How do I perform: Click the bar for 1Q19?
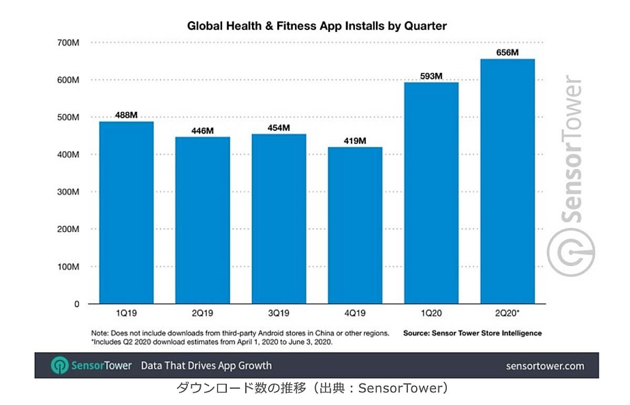pos(127,213)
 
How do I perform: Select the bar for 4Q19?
pos(355,225)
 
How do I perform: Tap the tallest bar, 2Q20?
pos(508,181)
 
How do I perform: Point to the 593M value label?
pos(431,76)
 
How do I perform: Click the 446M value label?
pos(203,131)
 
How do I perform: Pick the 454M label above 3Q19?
pos(279,128)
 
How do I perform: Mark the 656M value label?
pos(507,53)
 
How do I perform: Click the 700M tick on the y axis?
pos(68,43)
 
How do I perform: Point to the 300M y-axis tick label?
pos(68,192)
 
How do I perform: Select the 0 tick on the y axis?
pos(77,304)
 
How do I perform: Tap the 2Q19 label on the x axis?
pos(203,313)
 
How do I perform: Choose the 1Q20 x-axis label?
pos(431,313)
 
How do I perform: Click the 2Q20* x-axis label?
pos(508,313)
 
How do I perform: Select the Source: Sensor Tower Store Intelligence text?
pos(472,333)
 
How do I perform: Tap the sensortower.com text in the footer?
pos(544,366)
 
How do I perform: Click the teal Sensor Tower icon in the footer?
pos(59,366)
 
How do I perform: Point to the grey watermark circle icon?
pos(571,253)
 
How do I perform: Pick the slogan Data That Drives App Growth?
pos(206,366)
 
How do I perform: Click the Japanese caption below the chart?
pos(312,388)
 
